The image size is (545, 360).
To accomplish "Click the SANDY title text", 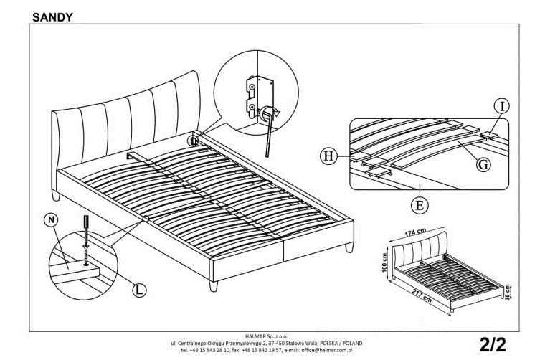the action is click(52, 17).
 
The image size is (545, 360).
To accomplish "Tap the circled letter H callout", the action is click(328, 156).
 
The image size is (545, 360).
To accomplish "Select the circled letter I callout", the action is click(501, 106).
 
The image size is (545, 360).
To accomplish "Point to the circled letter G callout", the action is click(483, 164).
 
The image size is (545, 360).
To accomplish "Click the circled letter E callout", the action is click(420, 205).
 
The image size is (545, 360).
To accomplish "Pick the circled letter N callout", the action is click(51, 219).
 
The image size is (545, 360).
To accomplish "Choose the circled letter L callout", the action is click(139, 290).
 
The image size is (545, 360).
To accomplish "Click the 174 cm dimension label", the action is click(415, 232).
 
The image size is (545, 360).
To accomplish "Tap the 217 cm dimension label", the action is click(422, 296).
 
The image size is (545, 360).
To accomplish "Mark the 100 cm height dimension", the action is click(384, 262).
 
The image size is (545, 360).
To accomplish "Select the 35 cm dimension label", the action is click(508, 292).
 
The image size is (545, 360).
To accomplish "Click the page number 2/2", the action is click(493, 344).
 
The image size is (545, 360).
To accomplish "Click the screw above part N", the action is click(85, 240).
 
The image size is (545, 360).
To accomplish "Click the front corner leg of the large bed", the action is click(214, 286).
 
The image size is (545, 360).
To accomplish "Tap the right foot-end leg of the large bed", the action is click(349, 247).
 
